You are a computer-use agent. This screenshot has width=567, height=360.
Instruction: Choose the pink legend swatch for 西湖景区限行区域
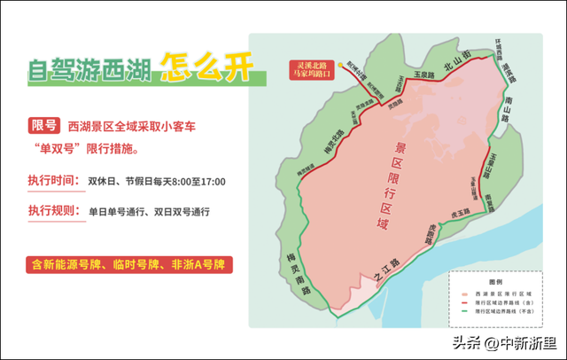point(463,292)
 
